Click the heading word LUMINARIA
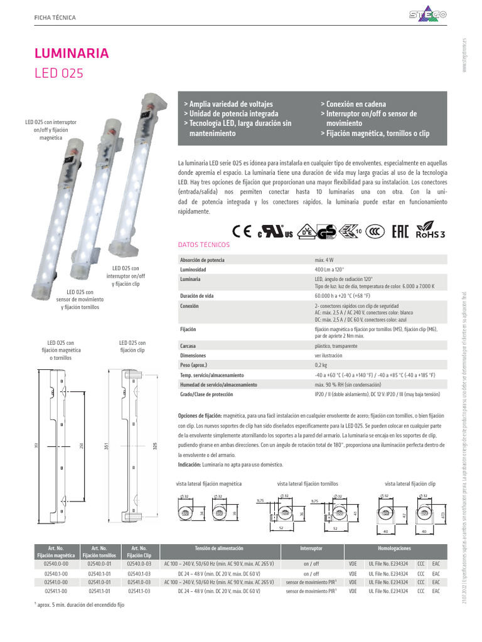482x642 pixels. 72,53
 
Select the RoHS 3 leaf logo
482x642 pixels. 431,229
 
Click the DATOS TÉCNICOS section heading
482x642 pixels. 204,245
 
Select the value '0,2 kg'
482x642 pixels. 323,364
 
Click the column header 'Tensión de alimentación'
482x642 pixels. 219,547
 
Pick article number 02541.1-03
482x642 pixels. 138,591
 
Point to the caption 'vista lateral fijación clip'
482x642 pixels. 410,484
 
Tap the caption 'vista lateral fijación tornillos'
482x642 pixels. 308,484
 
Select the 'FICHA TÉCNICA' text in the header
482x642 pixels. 55,17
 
